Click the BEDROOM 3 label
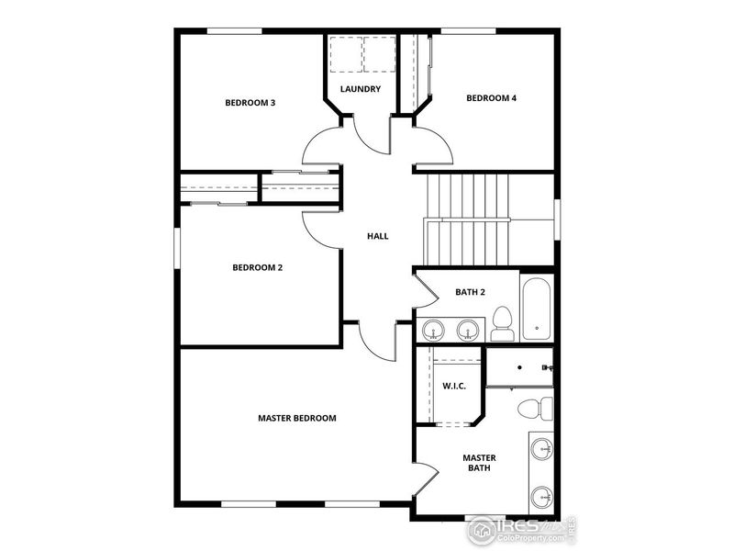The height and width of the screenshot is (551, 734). coord(250,103)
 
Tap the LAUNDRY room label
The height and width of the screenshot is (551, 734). coord(360,89)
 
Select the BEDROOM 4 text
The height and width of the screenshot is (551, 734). coord(491,98)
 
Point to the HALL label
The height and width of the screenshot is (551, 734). coord(377,236)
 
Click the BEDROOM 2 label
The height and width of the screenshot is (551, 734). coord(257,268)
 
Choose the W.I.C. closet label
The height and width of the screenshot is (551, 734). coord(454,386)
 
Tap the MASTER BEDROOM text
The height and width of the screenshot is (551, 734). coord(296,418)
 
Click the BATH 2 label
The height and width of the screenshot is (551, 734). coord(470,293)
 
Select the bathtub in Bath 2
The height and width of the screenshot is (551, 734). coord(536,309)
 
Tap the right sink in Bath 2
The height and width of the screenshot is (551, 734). coord(469,328)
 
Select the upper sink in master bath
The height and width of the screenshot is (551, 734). coord(541,449)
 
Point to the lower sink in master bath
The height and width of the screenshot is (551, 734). coord(541,497)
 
